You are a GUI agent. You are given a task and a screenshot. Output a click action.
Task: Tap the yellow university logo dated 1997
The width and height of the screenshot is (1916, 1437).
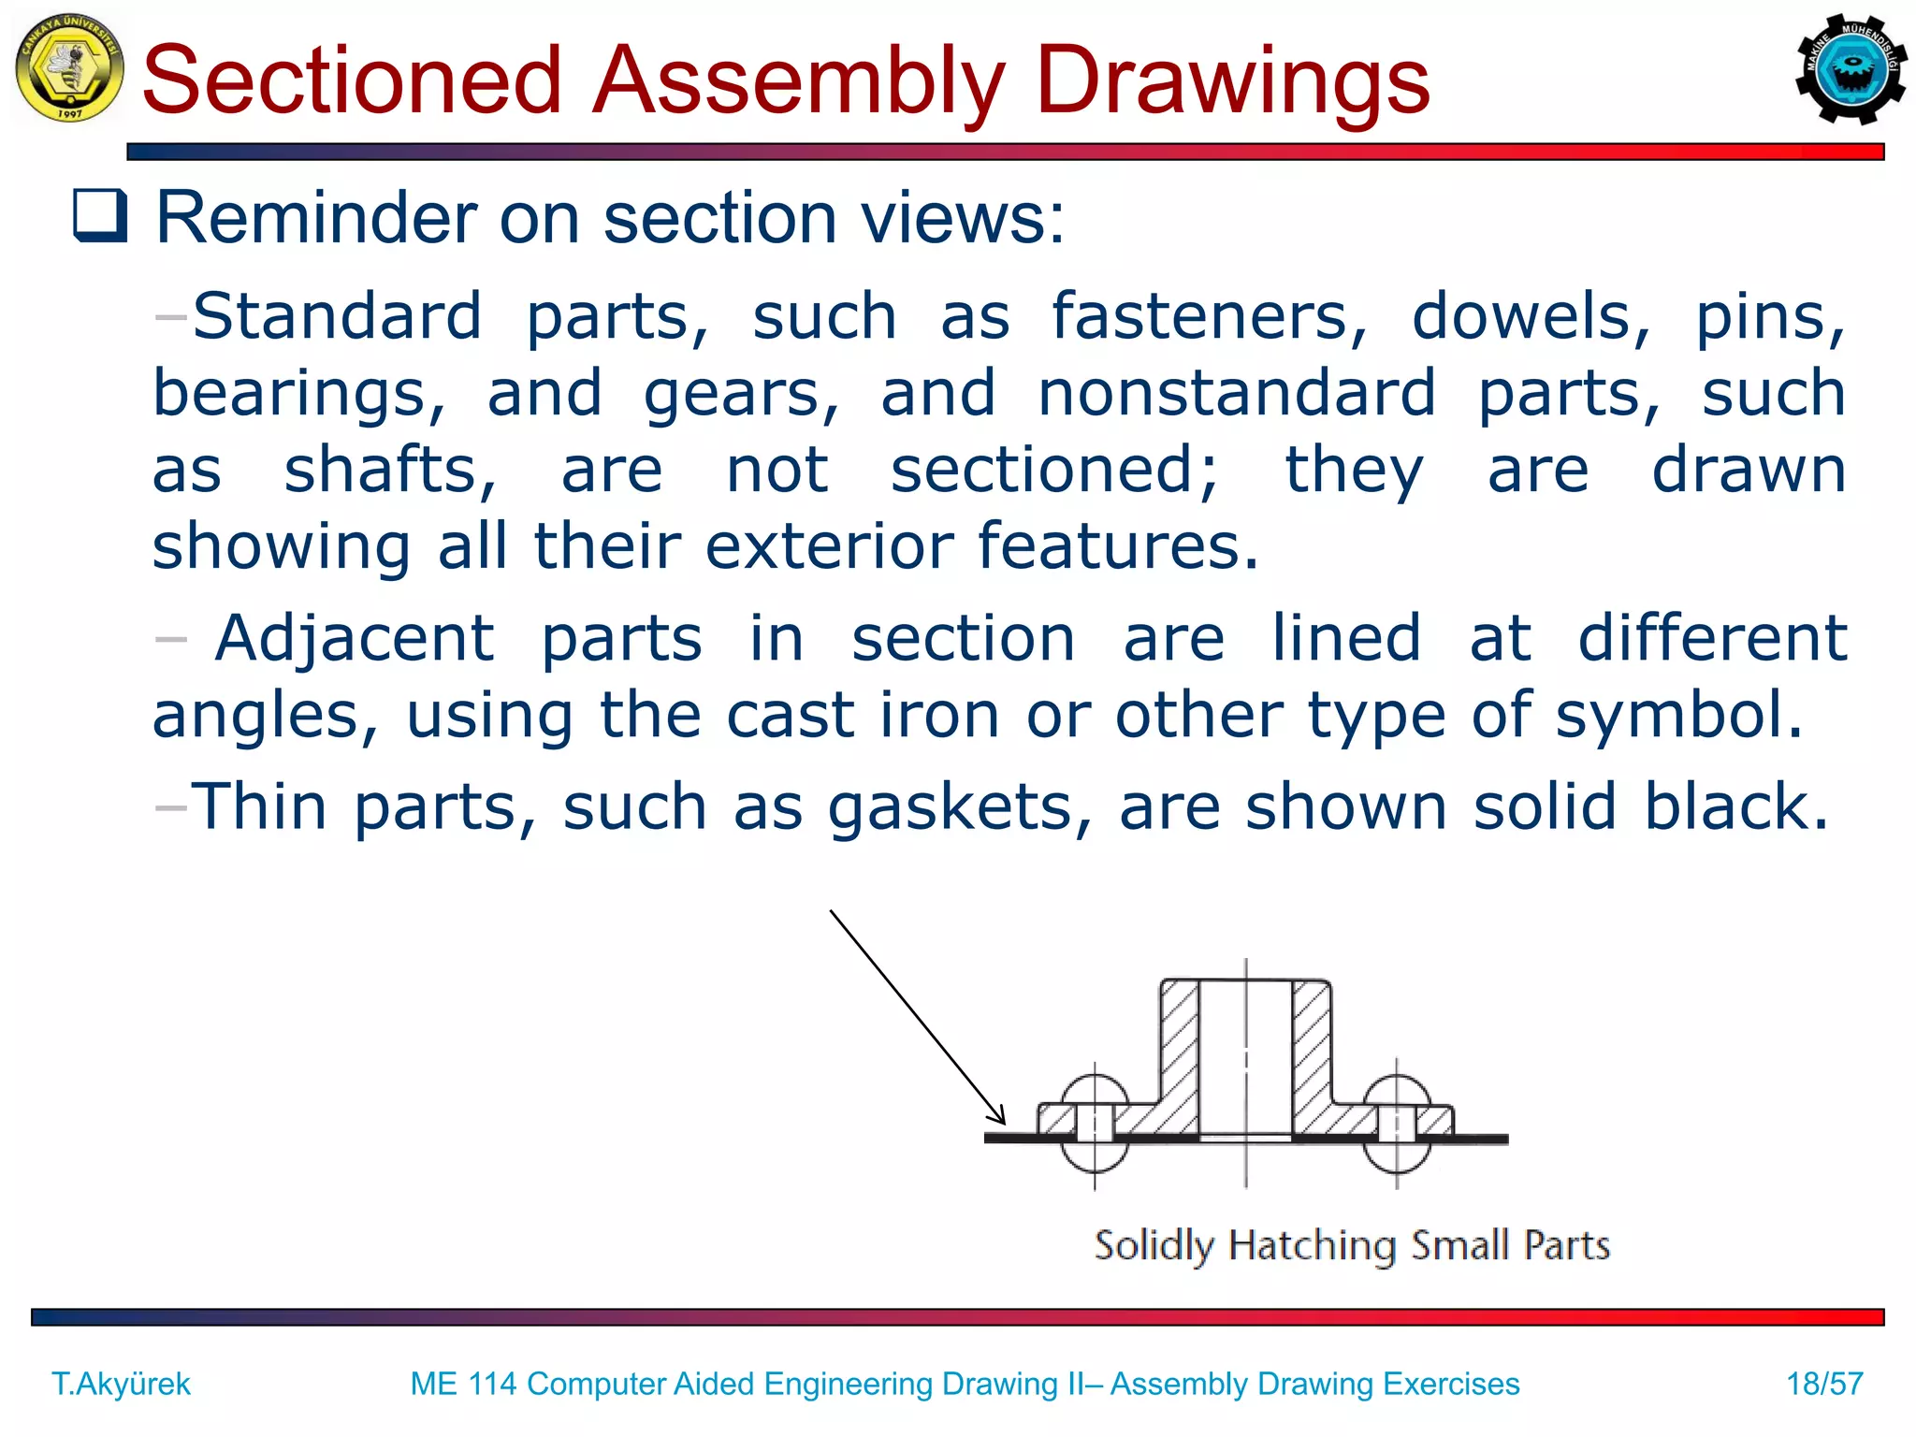click(69, 67)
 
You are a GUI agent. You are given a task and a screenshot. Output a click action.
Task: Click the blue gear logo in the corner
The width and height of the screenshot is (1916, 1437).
click(1851, 69)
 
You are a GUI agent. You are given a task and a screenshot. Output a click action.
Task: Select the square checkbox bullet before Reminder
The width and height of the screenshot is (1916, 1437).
click(100, 215)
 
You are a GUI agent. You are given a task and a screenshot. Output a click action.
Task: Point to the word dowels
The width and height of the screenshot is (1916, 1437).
click(1531, 316)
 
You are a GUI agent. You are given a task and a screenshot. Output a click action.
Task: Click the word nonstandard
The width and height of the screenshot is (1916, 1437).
click(1237, 393)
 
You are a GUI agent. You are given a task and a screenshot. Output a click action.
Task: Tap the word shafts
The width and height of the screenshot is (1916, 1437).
click(390, 470)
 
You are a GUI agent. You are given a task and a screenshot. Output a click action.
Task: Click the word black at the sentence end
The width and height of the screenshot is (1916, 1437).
click(1735, 806)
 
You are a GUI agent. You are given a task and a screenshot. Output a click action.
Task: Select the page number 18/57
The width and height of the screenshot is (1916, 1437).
click(1824, 1383)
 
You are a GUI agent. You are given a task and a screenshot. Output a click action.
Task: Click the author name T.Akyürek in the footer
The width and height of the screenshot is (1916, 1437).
click(121, 1383)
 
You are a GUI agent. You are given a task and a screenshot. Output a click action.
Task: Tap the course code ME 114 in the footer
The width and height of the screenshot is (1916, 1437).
click(463, 1383)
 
